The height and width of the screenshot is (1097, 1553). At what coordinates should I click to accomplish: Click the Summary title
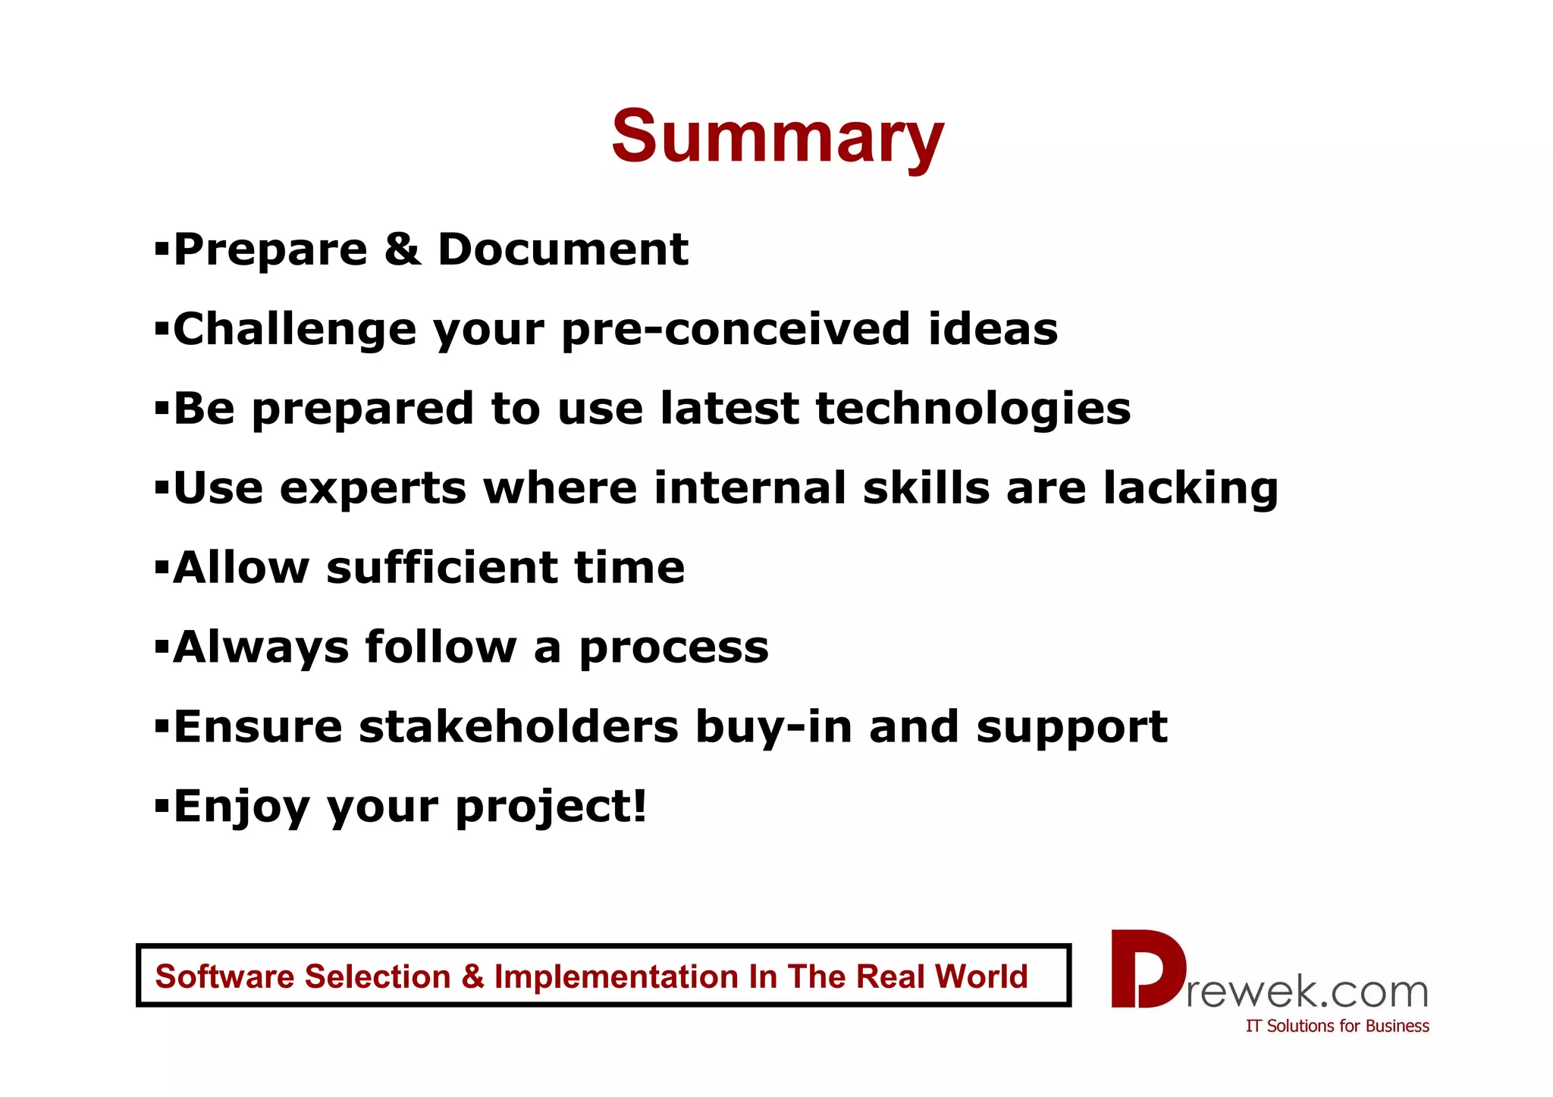(x=777, y=136)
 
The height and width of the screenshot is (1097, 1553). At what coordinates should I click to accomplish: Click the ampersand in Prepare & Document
(x=402, y=250)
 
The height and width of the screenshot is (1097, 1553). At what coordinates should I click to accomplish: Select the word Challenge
(x=295, y=331)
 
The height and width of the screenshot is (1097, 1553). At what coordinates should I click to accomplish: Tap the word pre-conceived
(x=736, y=331)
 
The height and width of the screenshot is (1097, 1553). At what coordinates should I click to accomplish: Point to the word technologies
(x=973, y=409)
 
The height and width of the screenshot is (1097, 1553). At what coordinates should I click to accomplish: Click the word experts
(x=372, y=489)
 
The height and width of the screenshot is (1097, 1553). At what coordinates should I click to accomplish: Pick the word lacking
(x=1191, y=489)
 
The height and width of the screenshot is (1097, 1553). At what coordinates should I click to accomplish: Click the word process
(x=673, y=649)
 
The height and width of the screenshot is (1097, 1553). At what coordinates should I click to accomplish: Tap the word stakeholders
(x=519, y=727)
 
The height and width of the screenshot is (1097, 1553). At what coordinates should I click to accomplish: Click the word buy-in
(x=773, y=727)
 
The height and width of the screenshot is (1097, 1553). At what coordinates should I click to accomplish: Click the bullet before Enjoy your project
(x=161, y=804)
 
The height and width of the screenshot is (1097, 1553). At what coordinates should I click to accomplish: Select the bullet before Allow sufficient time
(x=161, y=566)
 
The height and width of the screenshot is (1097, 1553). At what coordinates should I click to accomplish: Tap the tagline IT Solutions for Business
(x=1337, y=1026)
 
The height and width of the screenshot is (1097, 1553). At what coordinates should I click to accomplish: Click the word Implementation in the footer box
(x=616, y=976)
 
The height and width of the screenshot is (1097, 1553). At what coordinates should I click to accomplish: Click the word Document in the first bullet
(x=563, y=250)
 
